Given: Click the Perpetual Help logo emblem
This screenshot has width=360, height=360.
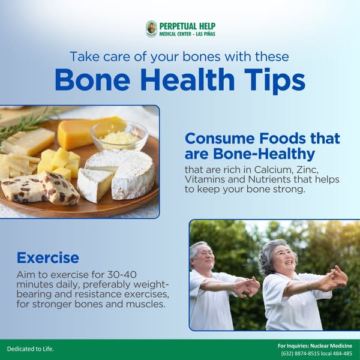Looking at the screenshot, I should point(151,29).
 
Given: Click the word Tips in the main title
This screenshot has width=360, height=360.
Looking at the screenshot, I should point(271,82).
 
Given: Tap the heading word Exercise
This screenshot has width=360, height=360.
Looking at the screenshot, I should point(48,258).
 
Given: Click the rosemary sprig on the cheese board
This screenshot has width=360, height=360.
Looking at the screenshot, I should point(27,122).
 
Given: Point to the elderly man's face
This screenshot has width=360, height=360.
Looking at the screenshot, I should point(203,257).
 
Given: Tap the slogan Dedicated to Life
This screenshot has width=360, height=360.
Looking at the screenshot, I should point(30,349).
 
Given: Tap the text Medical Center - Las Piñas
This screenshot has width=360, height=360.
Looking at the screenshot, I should point(187,34).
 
